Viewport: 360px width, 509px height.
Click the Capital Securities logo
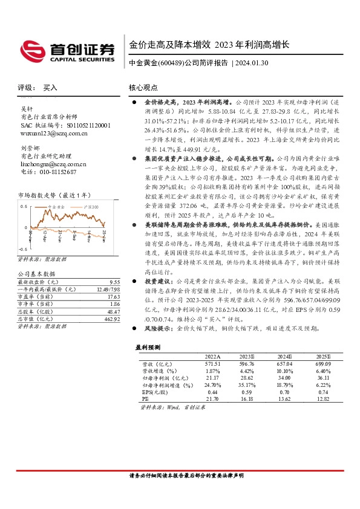point(66,51)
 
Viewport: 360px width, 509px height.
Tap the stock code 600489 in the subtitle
point(170,63)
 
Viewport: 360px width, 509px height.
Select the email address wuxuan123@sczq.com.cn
point(50,132)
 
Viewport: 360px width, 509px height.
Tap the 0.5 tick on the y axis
point(23,206)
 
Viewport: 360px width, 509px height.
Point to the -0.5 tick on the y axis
point(22,248)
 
